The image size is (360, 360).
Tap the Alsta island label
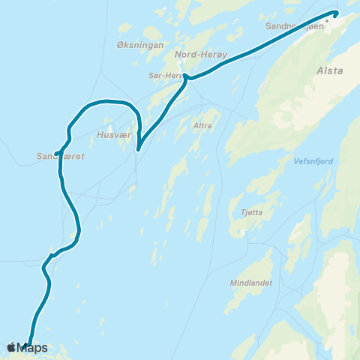pos(330,71)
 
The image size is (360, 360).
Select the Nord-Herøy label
pos(196,55)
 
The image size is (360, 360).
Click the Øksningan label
pos(135,46)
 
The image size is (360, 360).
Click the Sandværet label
pos(54,157)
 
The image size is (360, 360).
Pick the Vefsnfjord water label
pos(313,160)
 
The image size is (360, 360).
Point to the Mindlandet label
pos(252,283)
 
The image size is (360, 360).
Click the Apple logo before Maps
pos(11,347)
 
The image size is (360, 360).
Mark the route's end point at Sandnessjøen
pos(335,13)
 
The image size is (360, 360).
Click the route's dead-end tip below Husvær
pos(138,149)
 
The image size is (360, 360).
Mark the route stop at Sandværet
pos(57,154)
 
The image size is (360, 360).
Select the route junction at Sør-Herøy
pos(187,78)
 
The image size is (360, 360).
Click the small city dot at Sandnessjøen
pos(326,22)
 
